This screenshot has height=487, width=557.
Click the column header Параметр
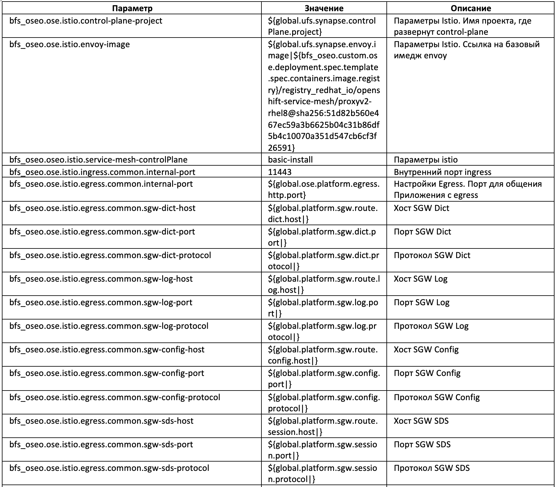click(x=132, y=8)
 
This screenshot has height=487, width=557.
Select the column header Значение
click(x=324, y=8)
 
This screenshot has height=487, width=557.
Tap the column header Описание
click(x=470, y=8)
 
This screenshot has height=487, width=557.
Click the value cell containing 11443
click(x=280, y=172)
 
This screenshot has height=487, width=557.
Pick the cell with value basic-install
click(x=290, y=159)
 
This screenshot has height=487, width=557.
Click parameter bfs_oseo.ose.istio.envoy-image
click(x=69, y=44)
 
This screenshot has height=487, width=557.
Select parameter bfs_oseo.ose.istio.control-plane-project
click(x=86, y=21)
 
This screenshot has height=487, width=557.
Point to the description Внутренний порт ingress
click(x=443, y=172)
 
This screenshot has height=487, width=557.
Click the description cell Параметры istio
click(x=426, y=159)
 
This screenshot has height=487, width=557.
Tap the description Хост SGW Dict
click(x=421, y=208)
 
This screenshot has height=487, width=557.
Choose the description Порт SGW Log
click(x=421, y=302)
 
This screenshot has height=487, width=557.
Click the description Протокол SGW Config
click(x=437, y=397)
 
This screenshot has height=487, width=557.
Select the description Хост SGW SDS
click(x=421, y=421)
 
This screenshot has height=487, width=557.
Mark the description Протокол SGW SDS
click(x=432, y=468)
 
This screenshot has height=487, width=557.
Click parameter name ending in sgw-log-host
click(x=101, y=279)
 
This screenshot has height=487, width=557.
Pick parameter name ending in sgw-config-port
click(x=107, y=373)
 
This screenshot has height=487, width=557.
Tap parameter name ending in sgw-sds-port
click(x=101, y=444)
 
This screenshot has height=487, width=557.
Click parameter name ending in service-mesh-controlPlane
click(x=98, y=159)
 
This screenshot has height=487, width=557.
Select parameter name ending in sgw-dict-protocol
click(x=110, y=255)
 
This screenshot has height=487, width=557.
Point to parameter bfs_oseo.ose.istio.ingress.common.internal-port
click(x=102, y=172)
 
